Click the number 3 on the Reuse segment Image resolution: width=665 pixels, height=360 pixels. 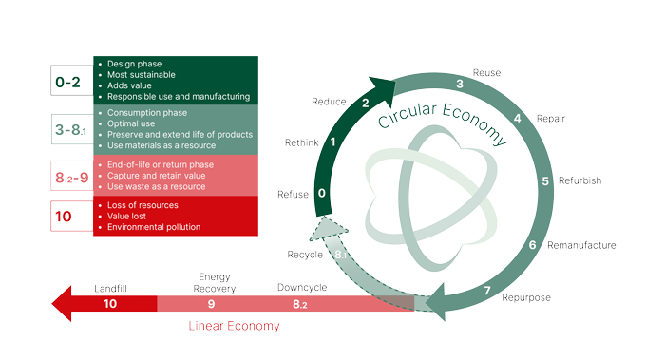[x=459, y=85]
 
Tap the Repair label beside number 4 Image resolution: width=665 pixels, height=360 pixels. [x=551, y=120]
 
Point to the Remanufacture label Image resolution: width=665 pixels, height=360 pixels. [x=583, y=245]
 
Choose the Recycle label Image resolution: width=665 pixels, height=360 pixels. [x=305, y=255]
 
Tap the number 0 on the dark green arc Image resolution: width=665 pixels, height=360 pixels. [x=323, y=194]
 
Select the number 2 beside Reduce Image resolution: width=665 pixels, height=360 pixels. [x=366, y=103]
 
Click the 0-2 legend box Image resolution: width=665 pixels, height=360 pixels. [x=72, y=83]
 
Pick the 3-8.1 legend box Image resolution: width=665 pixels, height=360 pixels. [x=72, y=129]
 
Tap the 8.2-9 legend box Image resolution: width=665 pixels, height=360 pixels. [x=72, y=177]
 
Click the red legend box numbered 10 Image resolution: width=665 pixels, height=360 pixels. [x=72, y=217]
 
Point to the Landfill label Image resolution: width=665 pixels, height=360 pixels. [x=110, y=288]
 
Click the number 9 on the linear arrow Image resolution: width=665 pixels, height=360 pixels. [x=211, y=304]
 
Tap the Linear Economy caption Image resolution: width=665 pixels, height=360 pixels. [x=233, y=326]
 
